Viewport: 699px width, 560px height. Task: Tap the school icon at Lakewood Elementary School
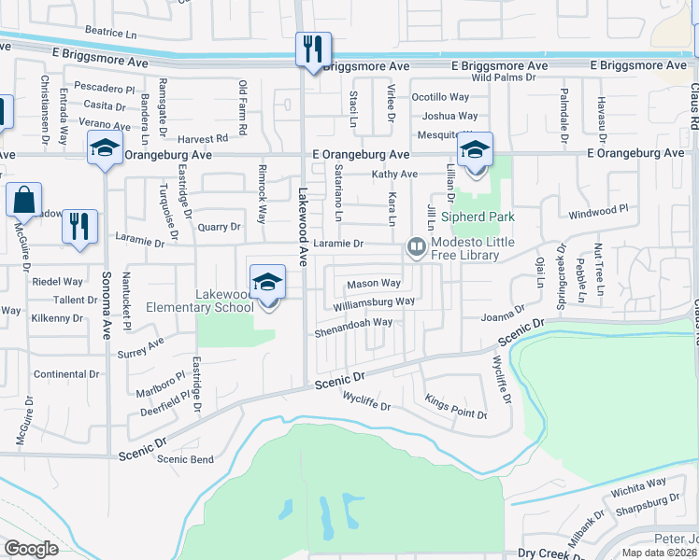click(x=267, y=283)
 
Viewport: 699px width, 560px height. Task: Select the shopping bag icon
click(x=23, y=200)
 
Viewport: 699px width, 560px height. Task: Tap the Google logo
click(x=32, y=549)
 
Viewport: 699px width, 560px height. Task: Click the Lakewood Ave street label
click(x=304, y=223)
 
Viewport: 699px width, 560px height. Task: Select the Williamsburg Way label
click(x=374, y=302)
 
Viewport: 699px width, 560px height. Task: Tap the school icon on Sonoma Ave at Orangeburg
click(x=105, y=147)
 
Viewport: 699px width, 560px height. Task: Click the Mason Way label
click(x=374, y=283)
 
